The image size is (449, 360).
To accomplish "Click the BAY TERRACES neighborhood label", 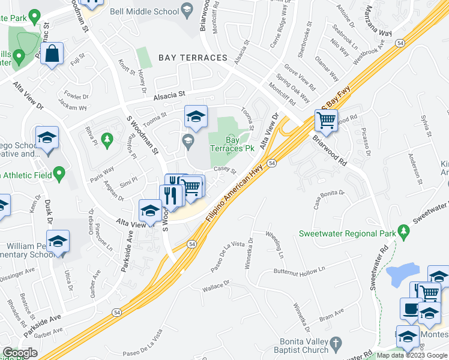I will pos(193,58).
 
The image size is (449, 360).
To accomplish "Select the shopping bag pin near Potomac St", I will pos(53,55).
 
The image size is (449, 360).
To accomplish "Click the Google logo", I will pos(20,353).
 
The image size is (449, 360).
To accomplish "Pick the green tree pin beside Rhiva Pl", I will pos(107,140).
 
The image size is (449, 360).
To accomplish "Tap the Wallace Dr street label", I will pos(216,286).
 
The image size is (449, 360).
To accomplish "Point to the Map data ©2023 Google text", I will pos(412,355).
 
